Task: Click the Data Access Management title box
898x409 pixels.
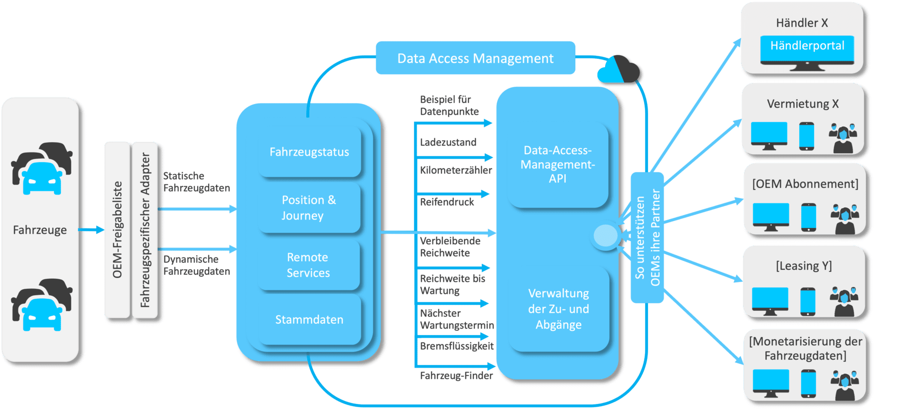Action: click(x=475, y=58)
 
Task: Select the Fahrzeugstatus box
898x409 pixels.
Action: click(x=309, y=152)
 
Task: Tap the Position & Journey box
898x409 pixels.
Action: click(x=309, y=207)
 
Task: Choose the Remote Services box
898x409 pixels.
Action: click(x=308, y=265)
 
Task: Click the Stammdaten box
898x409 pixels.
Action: click(x=309, y=320)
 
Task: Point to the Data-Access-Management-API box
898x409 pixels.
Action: click(x=558, y=165)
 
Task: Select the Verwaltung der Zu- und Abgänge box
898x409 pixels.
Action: click(x=559, y=309)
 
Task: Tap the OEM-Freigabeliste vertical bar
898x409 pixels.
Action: click(x=117, y=229)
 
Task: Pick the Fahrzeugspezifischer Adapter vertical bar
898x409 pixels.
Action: click(x=145, y=229)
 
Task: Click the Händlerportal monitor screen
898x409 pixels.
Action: click(x=807, y=47)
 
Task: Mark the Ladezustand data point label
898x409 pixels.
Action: click(x=448, y=143)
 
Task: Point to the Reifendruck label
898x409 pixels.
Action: click(x=447, y=202)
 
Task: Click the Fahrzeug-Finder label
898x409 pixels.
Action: click(x=456, y=376)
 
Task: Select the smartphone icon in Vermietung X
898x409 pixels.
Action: click(x=806, y=136)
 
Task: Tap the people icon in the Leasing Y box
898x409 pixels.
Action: click(x=844, y=302)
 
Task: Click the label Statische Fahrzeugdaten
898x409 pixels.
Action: click(x=197, y=182)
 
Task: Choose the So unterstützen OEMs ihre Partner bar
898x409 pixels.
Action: click(x=647, y=237)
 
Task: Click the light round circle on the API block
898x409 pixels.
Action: click(x=606, y=236)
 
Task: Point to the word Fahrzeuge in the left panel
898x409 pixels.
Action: click(x=40, y=230)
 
